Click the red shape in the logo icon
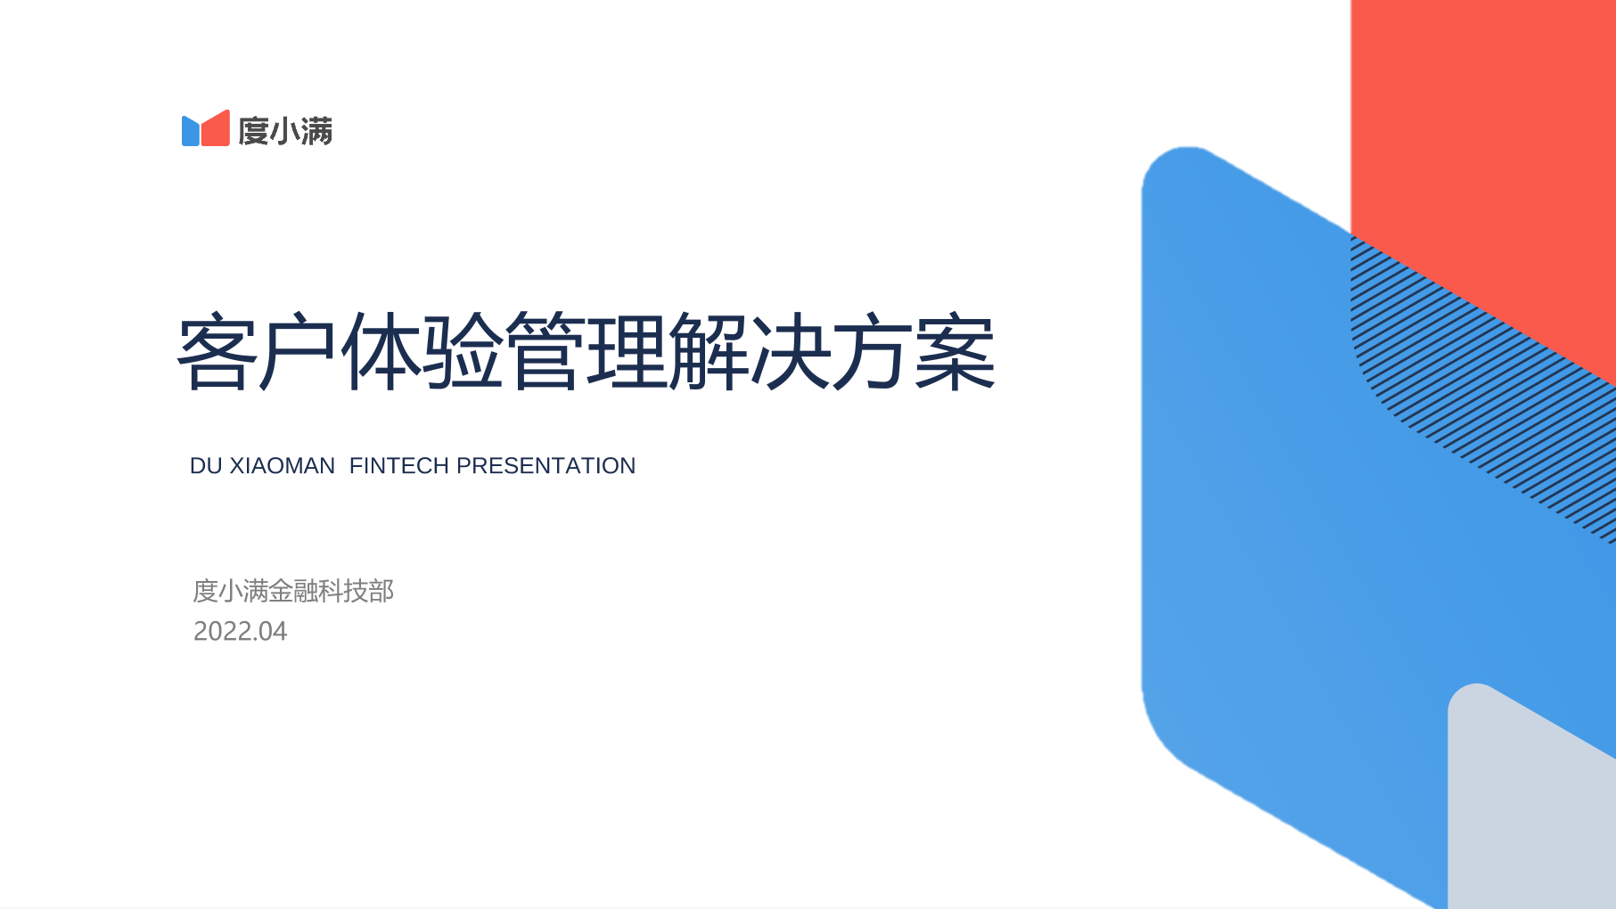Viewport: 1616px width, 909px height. (x=216, y=130)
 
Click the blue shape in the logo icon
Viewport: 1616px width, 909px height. (x=191, y=131)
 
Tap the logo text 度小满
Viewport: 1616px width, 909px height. (x=285, y=131)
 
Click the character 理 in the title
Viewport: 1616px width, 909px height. (x=628, y=351)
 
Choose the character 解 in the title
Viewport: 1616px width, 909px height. (x=710, y=351)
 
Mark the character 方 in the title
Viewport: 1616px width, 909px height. (x=874, y=351)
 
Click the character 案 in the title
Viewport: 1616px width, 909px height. (x=956, y=351)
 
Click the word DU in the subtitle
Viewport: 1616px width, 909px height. (x=206, y=466)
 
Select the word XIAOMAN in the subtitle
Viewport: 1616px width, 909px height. (x=283, y=466)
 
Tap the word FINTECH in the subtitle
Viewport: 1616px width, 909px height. (x=399, y=466)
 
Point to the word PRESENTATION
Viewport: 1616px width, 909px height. (x=546, y=466)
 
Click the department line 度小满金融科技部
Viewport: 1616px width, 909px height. (x=293, y=591)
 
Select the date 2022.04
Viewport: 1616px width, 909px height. (x=241, y=632)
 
